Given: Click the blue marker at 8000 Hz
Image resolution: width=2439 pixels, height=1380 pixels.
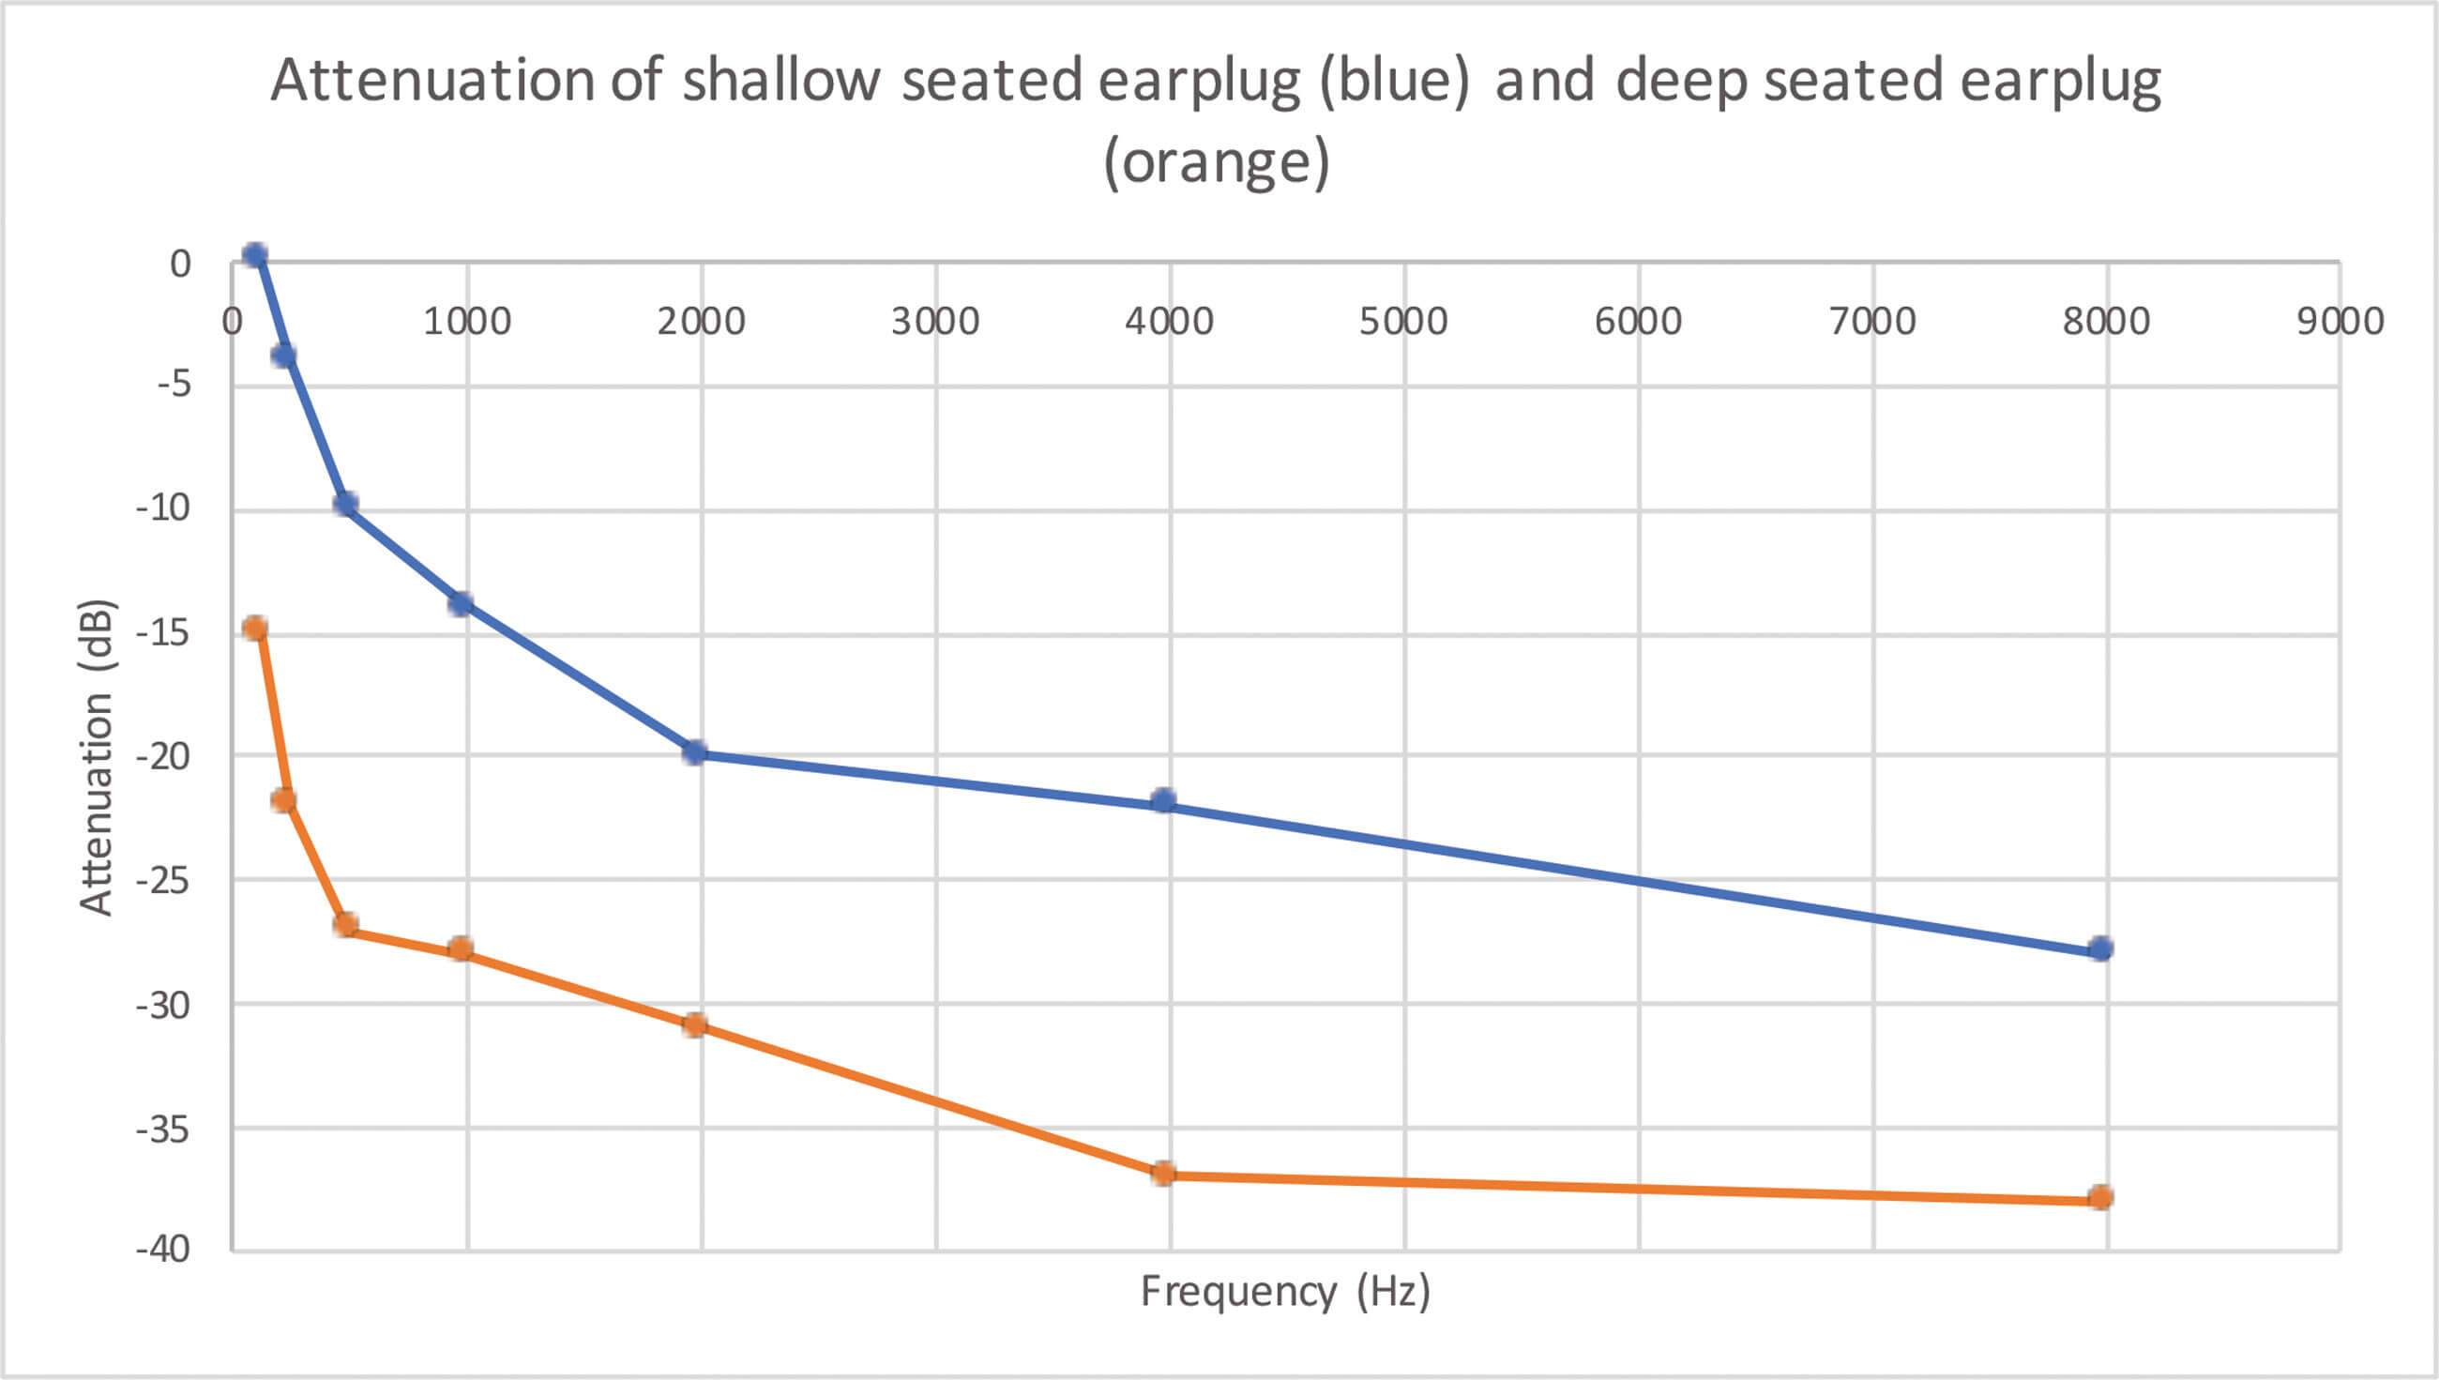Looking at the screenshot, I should pos(2100,948).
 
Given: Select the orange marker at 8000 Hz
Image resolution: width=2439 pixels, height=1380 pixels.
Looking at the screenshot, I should pos(2100,1197).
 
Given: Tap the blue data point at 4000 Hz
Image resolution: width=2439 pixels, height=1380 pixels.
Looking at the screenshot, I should pos(1163,801).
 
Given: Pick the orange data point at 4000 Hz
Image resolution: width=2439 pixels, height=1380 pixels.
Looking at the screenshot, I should pos(1163,1174).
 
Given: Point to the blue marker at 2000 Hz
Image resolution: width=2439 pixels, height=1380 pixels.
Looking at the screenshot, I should pos(694,752).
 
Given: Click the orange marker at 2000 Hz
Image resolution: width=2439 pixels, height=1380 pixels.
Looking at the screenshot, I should pos(694,1024).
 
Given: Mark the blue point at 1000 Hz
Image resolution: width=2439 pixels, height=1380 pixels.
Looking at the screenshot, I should pos(461,603).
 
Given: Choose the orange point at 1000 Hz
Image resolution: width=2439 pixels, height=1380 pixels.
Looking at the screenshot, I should pos(461,948).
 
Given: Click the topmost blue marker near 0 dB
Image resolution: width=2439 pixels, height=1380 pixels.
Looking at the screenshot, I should pos(254,255).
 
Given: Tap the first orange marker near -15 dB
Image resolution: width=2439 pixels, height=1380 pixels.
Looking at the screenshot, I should pos(254,628).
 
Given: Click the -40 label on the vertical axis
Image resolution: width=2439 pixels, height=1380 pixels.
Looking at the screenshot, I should pos(163,1250).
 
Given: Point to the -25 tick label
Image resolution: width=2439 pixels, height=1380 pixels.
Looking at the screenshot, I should pos(163,881).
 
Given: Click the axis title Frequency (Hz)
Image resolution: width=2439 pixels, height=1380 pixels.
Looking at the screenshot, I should pos(1285,1292).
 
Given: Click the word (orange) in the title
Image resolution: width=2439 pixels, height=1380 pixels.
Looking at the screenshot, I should pos(1218,162).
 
